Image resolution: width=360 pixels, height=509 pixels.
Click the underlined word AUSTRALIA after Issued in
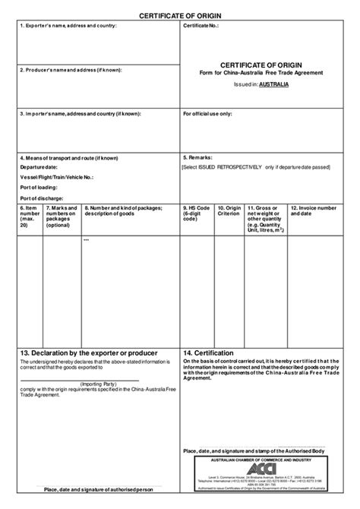click(273, 86)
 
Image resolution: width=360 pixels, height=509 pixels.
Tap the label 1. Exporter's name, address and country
click(67, 26)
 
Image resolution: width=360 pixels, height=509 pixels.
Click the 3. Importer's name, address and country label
click(80, 114)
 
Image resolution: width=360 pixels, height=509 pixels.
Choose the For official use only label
click(208, 114)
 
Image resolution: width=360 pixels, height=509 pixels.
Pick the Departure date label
click(40, 166)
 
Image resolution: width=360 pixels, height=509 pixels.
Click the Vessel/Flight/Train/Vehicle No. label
click(57, 175)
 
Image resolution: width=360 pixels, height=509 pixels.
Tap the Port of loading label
click(39, 185)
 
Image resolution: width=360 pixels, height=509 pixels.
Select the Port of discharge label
click(43, 196)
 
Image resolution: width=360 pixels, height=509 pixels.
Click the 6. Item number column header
click(30, 216)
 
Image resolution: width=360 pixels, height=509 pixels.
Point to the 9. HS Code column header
click(196, 211)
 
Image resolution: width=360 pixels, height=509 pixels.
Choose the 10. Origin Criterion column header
click(229, 211)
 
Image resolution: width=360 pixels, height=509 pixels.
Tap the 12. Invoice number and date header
click(312, 211)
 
